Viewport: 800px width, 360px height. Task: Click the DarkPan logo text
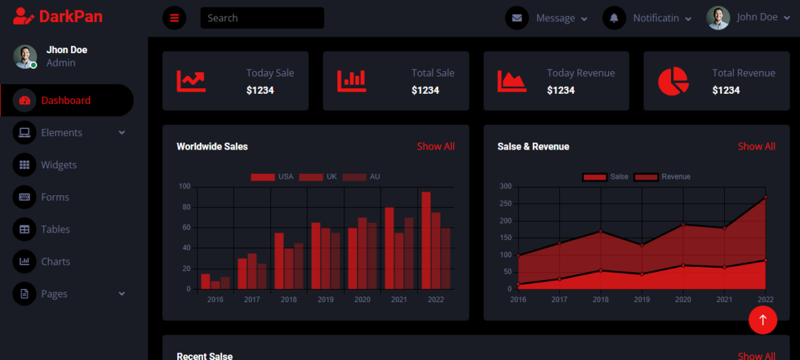tap(70, 17)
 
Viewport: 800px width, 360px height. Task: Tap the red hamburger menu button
tap(174, 18)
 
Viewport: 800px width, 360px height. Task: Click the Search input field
tap(262, 18)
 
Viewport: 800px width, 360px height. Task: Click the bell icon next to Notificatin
tap(614, 18)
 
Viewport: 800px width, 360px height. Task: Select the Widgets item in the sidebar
tap(59, 165)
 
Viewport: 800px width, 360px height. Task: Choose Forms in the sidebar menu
tap(54, 197)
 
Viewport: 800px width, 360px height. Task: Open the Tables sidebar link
tap(55, 229)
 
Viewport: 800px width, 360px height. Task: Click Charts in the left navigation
tap(55, 261)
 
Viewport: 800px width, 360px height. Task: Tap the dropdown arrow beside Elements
tap(122, 132)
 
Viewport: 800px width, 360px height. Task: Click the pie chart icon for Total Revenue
tap(673, 81)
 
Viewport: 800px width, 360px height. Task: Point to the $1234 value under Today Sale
tap(260, 90)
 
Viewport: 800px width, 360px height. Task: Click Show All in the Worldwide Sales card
tap(435, 146)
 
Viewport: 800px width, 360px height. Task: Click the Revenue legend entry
tap(663, 177)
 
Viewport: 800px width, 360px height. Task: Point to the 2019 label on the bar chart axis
tap(326, 300)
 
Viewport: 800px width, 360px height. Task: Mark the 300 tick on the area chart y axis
tap(506, 186)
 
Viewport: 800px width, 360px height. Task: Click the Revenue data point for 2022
tap(766, 198)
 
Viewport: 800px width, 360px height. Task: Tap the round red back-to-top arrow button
tap(763, 320)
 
